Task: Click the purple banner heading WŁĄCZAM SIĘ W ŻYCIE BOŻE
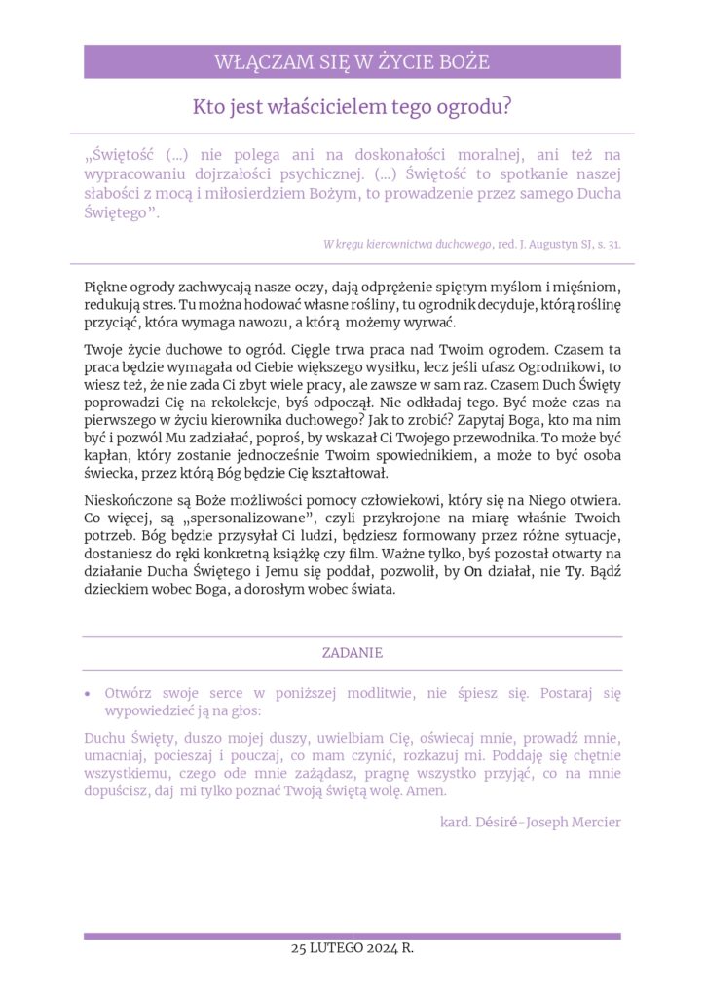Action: coord(352,62)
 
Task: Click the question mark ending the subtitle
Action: coord(506,106)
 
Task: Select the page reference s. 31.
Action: coord(608,244)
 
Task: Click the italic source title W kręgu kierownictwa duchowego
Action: coord(408,244)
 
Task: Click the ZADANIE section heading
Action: coord(352,653)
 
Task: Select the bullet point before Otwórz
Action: coord(88,694)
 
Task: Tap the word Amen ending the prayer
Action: coord(427,791)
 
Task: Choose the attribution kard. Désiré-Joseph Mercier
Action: coord(530,822)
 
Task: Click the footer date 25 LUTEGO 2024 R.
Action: coord(352,948)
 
